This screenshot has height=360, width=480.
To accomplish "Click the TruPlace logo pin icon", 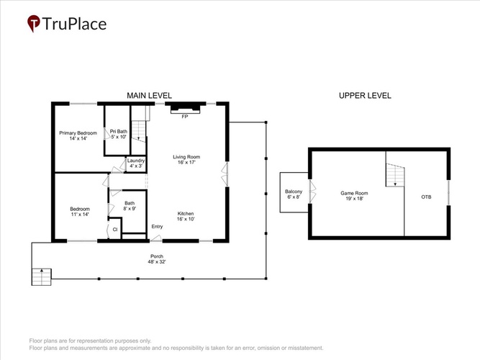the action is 33,23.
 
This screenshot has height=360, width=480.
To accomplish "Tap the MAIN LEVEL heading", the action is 149,96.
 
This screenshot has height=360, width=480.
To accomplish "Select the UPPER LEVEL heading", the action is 365,96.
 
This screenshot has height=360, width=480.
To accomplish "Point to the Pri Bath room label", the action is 119,134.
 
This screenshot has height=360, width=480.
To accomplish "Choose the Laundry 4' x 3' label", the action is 136,163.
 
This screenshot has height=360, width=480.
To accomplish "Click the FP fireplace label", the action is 185,117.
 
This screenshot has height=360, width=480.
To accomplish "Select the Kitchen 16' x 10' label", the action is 186,216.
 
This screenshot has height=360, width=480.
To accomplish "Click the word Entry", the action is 157,226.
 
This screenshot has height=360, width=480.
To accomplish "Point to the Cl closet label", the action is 115,229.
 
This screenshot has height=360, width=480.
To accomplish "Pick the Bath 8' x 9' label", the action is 130,206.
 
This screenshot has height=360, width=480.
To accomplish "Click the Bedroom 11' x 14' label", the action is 80,212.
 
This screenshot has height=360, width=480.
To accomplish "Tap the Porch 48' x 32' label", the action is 157,259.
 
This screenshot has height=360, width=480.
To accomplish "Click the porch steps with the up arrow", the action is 41,277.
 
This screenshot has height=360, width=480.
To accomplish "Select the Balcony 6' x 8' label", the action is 294,194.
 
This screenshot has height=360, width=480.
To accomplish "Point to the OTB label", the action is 426,197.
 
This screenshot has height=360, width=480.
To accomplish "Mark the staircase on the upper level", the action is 395,175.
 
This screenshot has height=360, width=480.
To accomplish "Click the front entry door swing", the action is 156,238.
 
